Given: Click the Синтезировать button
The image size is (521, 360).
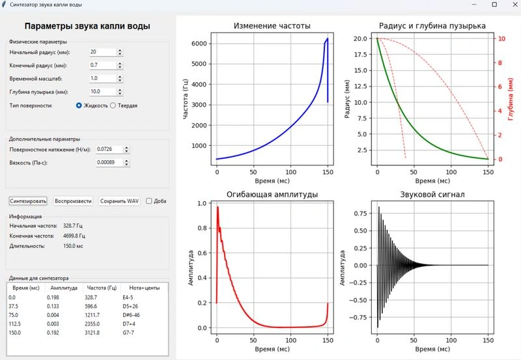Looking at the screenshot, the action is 28,201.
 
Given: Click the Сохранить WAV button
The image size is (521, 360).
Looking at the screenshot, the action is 119,201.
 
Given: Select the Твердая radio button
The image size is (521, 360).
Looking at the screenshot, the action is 113,105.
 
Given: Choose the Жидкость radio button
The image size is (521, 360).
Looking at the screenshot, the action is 79,105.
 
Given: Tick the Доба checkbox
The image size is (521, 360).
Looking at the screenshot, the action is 149,201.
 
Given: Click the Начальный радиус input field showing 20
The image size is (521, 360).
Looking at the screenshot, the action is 103,52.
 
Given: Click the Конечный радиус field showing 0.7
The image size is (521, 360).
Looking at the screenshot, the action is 103,65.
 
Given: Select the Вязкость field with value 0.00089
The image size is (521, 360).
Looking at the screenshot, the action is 109,162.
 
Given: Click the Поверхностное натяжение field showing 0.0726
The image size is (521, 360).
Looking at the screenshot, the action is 109,149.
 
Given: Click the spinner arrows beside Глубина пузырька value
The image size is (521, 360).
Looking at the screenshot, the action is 120,92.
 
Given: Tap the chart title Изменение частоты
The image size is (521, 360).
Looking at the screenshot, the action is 272,25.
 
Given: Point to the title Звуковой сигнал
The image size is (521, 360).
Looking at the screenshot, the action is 432,194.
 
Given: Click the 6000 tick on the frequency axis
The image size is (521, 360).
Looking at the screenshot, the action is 199,44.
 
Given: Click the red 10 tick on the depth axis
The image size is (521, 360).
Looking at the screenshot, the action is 501,38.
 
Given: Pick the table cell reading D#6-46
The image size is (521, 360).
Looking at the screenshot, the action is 132,315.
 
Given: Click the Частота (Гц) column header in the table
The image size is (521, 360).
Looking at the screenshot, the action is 102,288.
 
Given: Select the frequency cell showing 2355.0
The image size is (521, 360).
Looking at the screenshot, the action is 92,324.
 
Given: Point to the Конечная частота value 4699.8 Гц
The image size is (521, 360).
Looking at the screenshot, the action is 74,236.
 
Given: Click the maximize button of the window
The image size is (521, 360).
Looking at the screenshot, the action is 494,5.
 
